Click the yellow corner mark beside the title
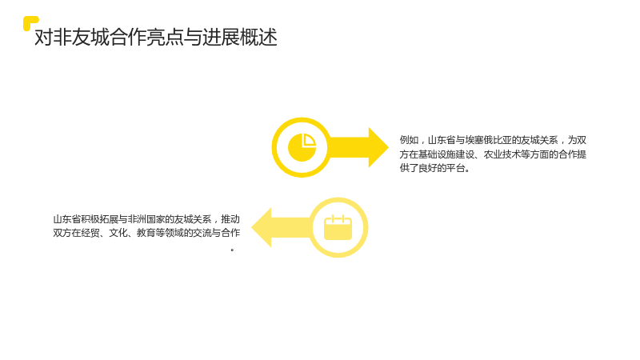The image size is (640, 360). pos(28,22)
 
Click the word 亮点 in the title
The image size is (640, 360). pos(164,37)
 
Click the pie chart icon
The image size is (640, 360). pos(302,147)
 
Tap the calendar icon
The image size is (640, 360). pos(338,227)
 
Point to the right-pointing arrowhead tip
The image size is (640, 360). pos(389,147)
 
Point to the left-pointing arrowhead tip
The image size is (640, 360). pos(251,227)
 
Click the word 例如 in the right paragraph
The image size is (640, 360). pos(409,140)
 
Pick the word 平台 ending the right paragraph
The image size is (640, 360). pos(455,168)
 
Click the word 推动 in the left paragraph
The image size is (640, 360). pos(230,219)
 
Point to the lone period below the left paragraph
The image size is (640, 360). pos(232,250)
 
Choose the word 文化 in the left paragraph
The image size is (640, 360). pos(118,233)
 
